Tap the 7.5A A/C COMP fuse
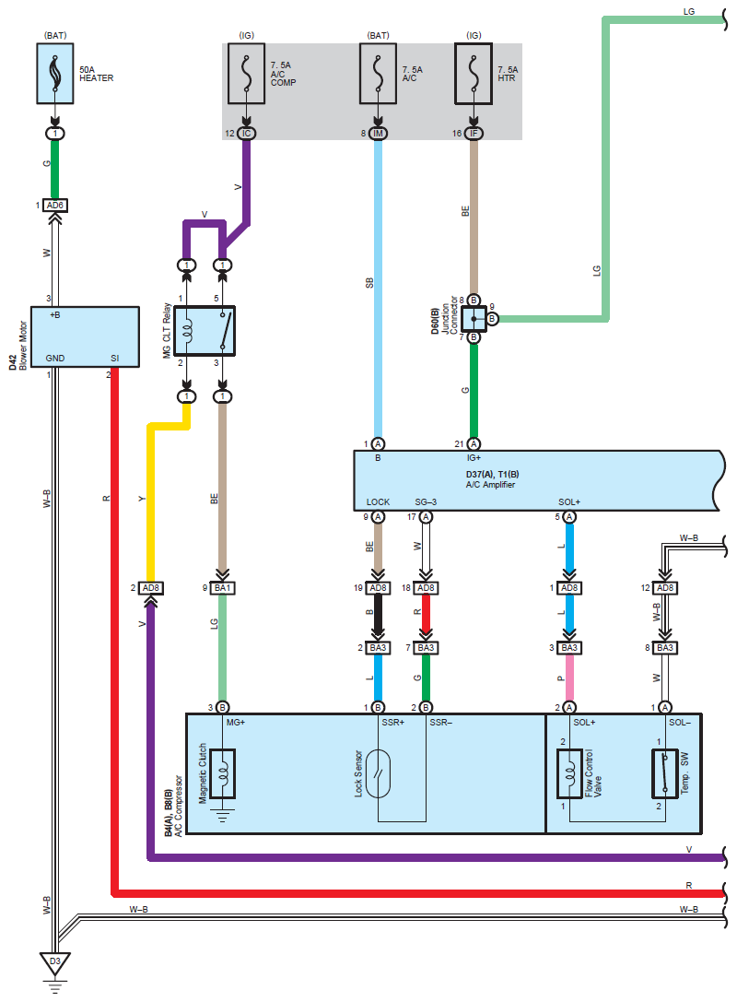click(x=246, y=75)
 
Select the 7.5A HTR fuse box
click(x=474, y=75)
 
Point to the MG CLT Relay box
click(x=205, y=332)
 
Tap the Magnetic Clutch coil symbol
click(x=222, y=772)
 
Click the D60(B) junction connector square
click(x=474, y=319)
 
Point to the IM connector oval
click(x=378, y=134)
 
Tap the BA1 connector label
click(x=222, y=587)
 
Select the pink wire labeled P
click(x=569, y=678)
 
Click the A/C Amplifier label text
click(x=491, y=485)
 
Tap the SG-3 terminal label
click(x=427, y=502)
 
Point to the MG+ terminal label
click(x=235, y=722)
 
